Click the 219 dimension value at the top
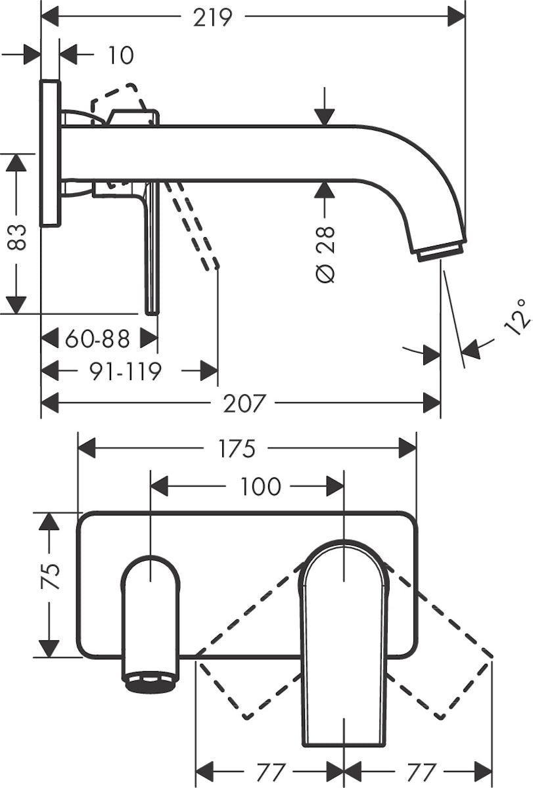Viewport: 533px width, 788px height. [x=213, y=17]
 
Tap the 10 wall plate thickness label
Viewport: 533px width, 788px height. [x=121, y=55]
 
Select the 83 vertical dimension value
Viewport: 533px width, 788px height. [x=17, y=237]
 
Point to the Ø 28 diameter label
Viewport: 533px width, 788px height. [x=325, y=254]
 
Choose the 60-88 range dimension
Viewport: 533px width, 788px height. [x=98, y=338]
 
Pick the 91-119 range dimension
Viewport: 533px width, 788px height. [x=126, y=371]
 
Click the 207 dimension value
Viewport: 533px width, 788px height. [x=243, y=403]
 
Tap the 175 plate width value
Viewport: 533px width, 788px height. [x=237, y=449]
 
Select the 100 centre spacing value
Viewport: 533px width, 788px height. [x=260, y=487]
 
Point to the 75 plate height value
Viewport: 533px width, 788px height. [x=50, y=577]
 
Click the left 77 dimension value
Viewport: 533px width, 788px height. [x=270, y=772]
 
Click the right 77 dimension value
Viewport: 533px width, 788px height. [x=421, y=772]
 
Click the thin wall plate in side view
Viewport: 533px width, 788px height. [x=51, y=154]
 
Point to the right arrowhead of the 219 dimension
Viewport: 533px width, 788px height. [x=457, y=17]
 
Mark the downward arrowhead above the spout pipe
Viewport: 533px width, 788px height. [x=325, y=117]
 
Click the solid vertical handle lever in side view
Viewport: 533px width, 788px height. [x=152, y=248]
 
